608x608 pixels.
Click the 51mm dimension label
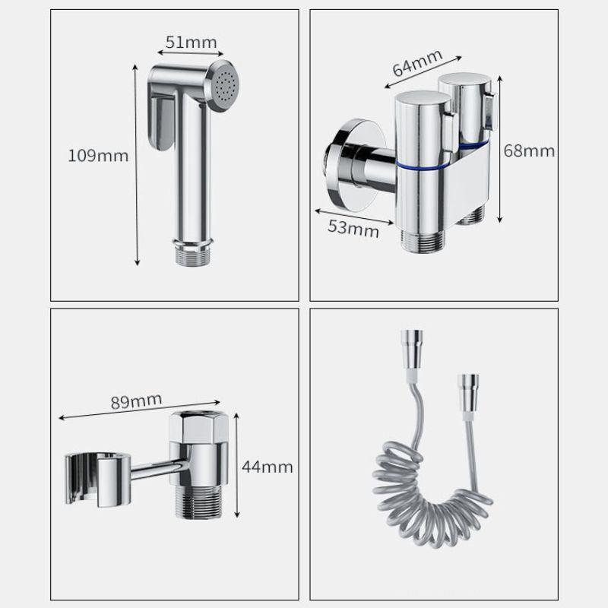point(191,43)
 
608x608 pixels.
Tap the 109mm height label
point(98,156)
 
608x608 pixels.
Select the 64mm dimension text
point(417,63)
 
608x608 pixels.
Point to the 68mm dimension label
point(529,150)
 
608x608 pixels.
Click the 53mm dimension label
point(353,229)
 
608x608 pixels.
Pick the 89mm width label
point(136,401)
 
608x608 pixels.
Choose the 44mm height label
point(268,467)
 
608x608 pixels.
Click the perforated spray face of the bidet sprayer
point(223,86)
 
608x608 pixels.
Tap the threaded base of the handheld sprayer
point(193,253)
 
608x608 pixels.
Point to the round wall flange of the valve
point(351,165)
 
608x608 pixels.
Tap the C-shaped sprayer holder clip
point(98,480)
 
